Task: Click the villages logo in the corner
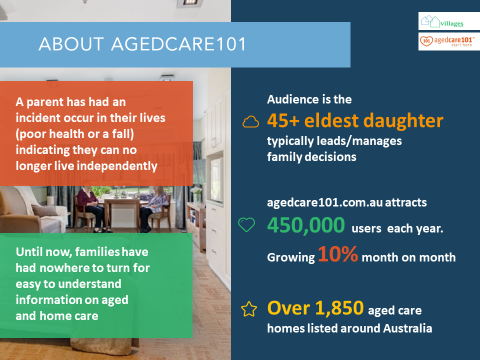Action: (x=449, y=21)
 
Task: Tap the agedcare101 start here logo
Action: (x=449, y=41)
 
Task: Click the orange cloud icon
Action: (x=250, y=122)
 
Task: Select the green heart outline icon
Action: (x=246, y=224)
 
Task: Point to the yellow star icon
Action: (x=249, y=309)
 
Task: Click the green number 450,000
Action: (x=306, y=225)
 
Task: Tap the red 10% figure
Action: (x=338, y=254)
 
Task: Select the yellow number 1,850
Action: (x=339, y=308)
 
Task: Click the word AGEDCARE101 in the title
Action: (x=178, y=44)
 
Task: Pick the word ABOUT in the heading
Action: (x=71, y=44)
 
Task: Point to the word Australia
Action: (x=407, y=328)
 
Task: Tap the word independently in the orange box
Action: (x=117, y=166)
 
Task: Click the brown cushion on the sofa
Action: (x=45, y=210)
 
